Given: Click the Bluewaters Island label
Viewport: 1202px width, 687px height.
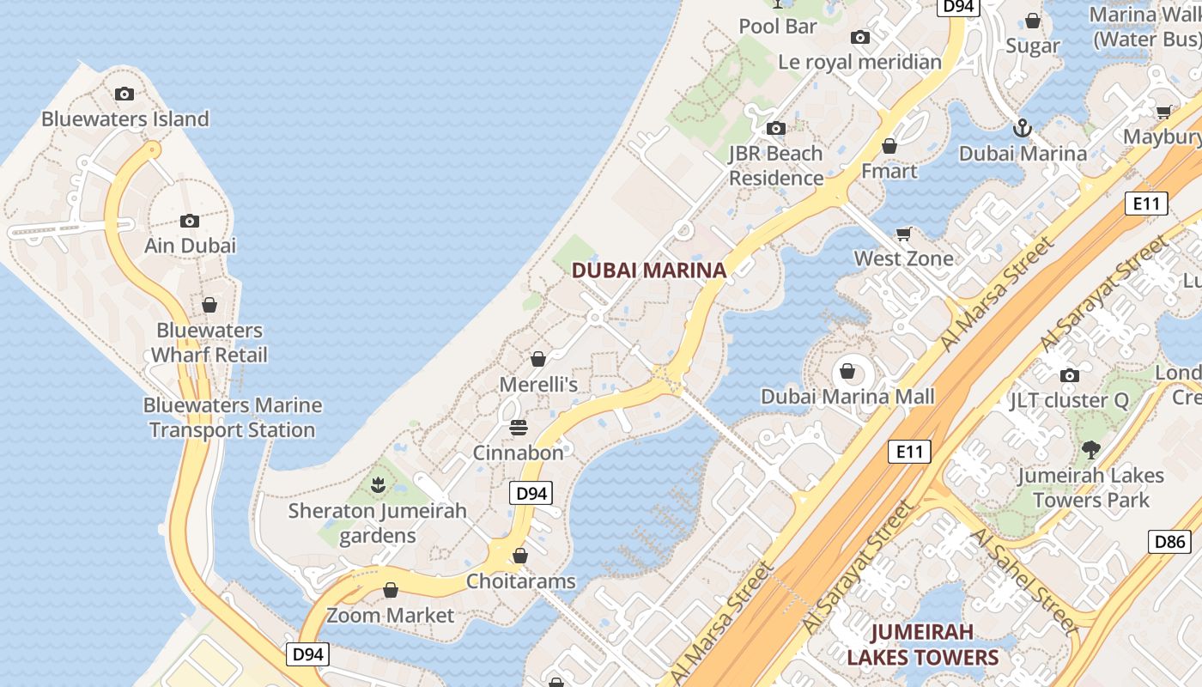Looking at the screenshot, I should point(125,119).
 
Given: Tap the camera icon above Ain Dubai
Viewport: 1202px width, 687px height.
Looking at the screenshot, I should point(190,222).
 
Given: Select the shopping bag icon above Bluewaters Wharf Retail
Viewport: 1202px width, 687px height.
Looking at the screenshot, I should point(209,305).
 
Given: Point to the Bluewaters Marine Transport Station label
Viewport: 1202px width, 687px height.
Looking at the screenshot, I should point(233,417).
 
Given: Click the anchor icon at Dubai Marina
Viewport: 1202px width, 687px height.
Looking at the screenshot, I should point(1022,129).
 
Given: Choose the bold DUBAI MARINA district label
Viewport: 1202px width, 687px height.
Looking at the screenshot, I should point(649,271).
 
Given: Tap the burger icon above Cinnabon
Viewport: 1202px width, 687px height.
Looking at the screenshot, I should point(519,427).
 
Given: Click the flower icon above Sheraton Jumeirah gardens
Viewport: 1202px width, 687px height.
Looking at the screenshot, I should point(378,486).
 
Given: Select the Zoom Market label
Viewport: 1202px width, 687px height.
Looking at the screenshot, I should point(391,616).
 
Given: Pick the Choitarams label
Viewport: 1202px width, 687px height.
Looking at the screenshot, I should point(520,581).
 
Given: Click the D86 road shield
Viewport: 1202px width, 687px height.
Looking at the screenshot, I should point(1169,542).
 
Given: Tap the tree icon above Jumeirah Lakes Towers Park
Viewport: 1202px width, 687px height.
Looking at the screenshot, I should point(1090,449).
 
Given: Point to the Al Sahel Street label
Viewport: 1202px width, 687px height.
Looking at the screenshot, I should point(1025,581).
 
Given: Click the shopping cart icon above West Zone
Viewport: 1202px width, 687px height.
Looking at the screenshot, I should point(903,234).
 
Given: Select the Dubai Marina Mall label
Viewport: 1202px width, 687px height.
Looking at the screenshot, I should point(847,397).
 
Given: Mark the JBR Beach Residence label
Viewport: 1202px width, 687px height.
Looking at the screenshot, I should point(776,166).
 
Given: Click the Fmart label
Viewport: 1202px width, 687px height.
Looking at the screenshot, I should point(889,171).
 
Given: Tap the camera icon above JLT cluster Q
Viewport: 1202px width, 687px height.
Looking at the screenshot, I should point(1069,375).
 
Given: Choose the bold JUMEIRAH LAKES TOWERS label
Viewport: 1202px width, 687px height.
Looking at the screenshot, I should point(922,645).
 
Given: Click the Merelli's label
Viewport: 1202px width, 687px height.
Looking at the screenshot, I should point(538,385).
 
